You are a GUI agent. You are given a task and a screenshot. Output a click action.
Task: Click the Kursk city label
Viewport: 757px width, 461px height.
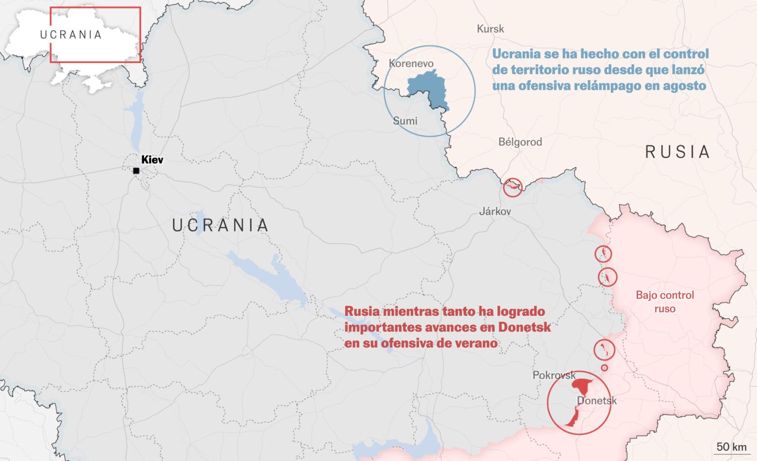pos(490,29)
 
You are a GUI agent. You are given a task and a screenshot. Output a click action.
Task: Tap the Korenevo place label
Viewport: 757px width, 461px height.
pos(411,64)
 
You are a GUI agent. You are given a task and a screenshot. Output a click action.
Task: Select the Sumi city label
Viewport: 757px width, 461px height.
pos(405,121)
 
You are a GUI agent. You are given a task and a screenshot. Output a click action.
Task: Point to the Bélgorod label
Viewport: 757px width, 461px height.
pos(520,142)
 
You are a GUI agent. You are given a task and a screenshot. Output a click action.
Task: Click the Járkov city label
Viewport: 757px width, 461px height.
pos(495,211)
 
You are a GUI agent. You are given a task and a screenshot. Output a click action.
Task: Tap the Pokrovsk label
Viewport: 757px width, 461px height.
pos(554,375)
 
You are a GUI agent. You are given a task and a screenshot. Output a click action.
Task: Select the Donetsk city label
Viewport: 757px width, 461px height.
pos(597,401)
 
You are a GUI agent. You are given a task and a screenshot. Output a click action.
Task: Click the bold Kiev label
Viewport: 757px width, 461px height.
pos(152,160)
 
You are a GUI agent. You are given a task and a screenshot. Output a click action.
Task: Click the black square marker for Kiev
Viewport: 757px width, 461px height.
pos(136,171)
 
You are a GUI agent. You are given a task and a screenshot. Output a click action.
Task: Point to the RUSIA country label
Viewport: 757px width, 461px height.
pos(677,152)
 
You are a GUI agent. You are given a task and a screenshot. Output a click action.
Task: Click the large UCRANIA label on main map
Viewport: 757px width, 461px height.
pos(220,225)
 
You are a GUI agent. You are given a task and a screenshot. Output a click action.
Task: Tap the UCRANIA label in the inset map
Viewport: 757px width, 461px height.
pos(71,35)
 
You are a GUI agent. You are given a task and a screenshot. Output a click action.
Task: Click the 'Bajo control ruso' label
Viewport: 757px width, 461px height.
pos(665,302)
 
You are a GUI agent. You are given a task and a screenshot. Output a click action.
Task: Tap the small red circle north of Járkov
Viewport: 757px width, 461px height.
pos(512,188)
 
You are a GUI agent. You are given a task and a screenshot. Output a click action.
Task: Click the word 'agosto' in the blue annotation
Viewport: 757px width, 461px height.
pos(684,86)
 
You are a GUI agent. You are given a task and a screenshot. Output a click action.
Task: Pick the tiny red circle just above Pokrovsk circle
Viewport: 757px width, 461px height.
pos(604,368)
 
